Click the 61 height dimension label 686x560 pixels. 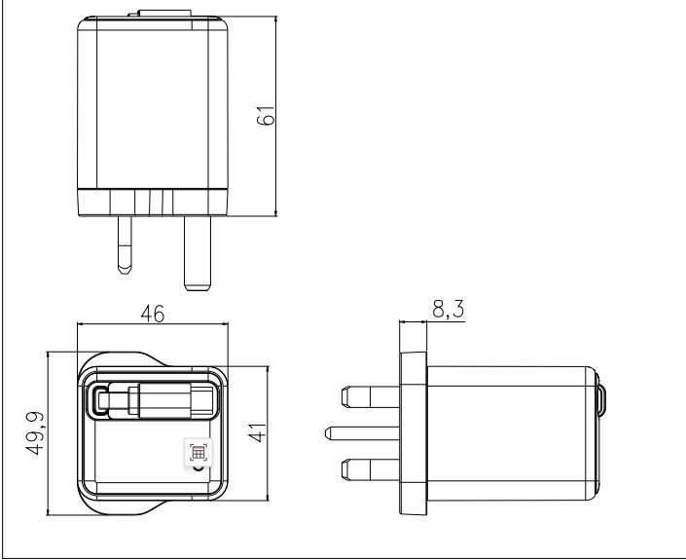point(266,115)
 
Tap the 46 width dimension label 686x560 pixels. point(153,314)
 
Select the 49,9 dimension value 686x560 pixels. point(35,433)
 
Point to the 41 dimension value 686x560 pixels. point(257,432)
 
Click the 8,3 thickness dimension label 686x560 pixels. point(448,309)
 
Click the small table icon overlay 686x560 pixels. point(198,452)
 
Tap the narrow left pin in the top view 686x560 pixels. point(125,244)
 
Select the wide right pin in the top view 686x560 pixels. point(198,253)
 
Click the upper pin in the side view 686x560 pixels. point(371,396)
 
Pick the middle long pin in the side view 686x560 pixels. point(362,433)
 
